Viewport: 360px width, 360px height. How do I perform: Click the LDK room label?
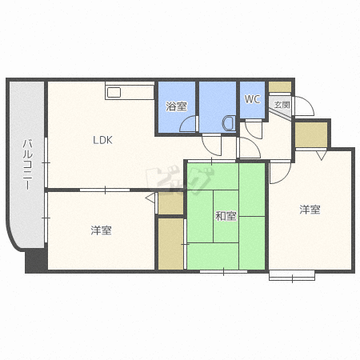pos(102,140)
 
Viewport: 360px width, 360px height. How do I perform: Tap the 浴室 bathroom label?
pos(176,106)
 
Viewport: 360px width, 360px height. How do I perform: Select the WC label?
pos(252,99)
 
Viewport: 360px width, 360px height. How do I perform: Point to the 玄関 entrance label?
pos(282,105)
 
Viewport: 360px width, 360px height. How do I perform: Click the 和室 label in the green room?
pos(226,216)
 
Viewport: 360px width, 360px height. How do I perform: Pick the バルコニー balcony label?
pos(27,164)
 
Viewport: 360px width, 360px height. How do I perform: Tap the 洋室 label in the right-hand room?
pos(310,210)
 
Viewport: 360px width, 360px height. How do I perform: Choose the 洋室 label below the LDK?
pos(101,230)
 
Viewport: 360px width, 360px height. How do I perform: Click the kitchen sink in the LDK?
pos(114,93)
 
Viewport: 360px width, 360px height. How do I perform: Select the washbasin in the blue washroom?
pos(229,123)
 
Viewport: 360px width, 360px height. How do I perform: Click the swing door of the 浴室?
pos(189,124)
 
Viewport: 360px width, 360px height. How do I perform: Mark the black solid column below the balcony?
pos(36,262)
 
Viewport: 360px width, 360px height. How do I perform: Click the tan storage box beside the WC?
pos(280,86)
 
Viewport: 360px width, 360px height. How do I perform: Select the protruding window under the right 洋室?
pos(292,276)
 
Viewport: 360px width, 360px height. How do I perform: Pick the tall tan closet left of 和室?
pos(170,244)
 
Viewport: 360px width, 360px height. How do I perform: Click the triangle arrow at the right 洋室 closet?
pos(321,155)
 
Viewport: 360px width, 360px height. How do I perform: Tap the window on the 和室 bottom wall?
pos(223,271)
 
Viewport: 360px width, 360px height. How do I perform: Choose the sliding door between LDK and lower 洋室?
pos(105,190)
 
